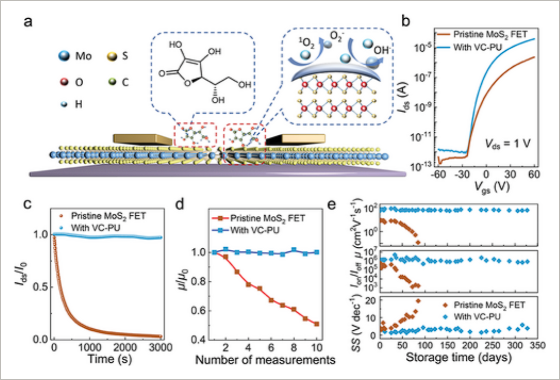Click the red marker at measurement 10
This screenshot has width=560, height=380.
point(317,324)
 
